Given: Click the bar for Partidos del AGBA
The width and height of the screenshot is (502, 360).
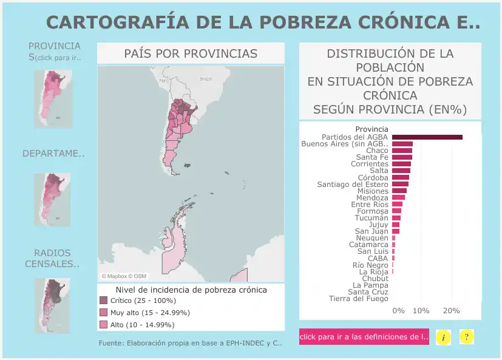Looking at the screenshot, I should point(427,137).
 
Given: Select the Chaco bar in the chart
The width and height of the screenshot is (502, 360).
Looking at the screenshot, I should point(402,151).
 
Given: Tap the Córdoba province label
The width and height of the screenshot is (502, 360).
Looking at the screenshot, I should point(373,177).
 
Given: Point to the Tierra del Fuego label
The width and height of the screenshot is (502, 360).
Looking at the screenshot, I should point(358,299).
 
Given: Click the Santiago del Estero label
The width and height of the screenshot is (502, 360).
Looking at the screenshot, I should point(353,184).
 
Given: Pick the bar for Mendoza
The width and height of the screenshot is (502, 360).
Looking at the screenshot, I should point(398,197).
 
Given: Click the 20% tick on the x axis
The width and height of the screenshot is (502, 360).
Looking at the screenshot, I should point(451,311).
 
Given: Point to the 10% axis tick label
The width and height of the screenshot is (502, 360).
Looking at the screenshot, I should point(421,311).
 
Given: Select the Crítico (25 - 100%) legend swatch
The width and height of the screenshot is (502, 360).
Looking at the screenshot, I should point(103,301).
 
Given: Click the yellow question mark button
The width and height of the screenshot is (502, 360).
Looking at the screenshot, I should point(466,337).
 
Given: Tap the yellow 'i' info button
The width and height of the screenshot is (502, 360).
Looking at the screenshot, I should point(444,337).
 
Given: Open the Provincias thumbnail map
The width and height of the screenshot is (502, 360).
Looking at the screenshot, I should point(53,98).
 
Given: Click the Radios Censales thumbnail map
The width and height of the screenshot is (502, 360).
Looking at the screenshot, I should point(53,297).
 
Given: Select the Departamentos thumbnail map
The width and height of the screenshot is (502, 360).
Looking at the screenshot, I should point(53,199).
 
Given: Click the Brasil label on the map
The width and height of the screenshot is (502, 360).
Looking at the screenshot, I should point(205,79).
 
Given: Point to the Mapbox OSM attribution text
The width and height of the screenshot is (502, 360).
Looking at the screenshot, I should point(124,276).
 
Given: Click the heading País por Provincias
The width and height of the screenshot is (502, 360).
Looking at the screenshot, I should point(191,53).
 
